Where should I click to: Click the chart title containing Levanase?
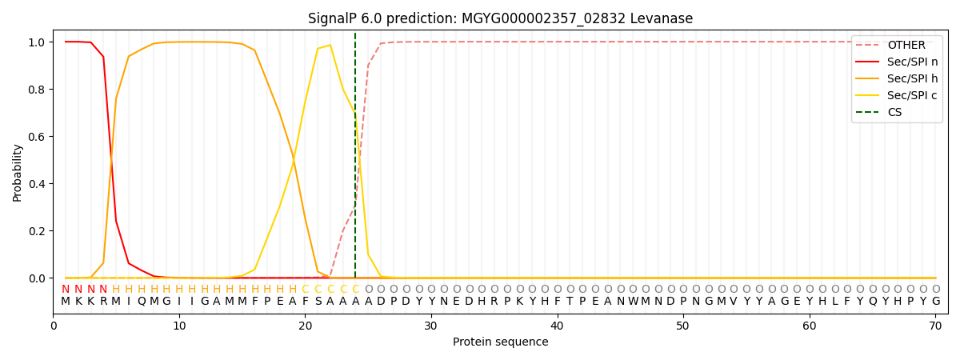tap(500, 18)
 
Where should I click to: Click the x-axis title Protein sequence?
tap(500, 342)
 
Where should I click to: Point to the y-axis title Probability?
tap(18, 172)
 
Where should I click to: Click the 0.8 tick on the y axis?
tap(38, 89)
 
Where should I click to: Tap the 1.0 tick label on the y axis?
tap(38, 42)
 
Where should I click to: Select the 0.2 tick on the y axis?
tap(38, 231)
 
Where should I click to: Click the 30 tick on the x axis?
tap(431, 326)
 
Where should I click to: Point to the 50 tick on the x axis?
tap(682, 326)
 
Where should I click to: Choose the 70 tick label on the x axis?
tap(934, 326)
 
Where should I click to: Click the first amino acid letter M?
tap(66, 302)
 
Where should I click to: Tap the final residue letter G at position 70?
tap(935, 302)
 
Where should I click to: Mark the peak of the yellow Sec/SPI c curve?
tap(330, 45)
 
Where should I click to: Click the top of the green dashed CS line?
tap(355, 34)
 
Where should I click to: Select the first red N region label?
tap(66, 290)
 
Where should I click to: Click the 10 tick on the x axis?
tap(179, 326)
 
